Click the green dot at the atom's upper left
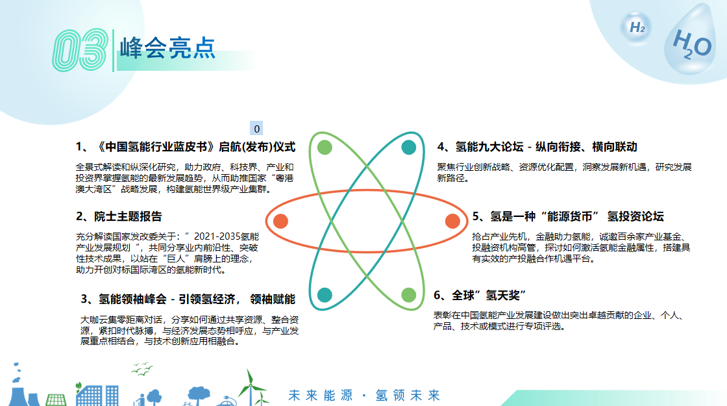325,147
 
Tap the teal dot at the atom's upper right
408,147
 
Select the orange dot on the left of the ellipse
280,222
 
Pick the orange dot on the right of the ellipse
452,222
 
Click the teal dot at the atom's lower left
325,295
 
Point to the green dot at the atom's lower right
408,295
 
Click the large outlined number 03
80,50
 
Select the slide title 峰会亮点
167,48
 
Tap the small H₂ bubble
637,28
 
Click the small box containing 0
256,129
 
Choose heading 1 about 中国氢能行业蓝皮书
186,147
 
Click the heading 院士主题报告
119,216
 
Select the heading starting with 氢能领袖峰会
188,299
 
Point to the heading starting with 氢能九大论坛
537,147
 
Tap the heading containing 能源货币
568,216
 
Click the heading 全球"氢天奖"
480,295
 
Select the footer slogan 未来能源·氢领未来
364,396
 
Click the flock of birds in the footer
142,369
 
